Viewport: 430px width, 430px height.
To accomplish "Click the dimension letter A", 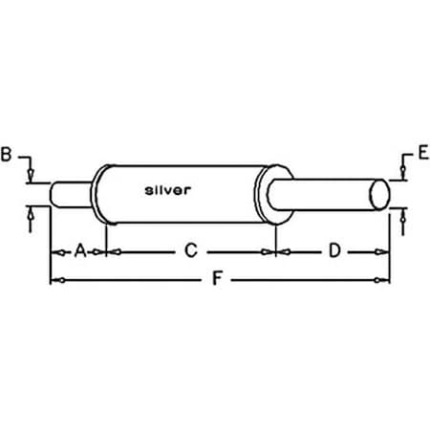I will [x=81, y=250].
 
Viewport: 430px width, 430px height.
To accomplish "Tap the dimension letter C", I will [x=191, y=250].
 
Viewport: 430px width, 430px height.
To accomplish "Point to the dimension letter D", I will [x=334, y=250].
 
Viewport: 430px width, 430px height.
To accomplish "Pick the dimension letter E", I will [x=422, y=152].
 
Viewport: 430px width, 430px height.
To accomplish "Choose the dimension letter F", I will [x=218, y=280].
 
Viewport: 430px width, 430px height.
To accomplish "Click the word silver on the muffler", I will [x=168, y=189].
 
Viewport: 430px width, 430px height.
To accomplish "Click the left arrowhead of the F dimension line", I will [x=54, y=280].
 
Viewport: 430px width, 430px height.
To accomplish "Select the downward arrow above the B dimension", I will [x=32, y=173].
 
